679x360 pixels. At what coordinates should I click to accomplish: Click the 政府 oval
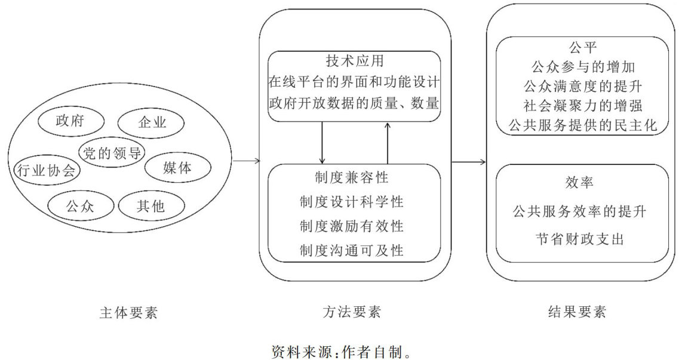click(69, 121)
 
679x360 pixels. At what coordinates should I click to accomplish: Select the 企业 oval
click(152, 124)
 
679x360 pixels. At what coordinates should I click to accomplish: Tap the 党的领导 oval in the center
click(110, 152)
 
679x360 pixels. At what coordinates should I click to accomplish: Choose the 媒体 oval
click(177, 168)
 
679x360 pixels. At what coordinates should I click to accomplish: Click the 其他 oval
click(150, 207)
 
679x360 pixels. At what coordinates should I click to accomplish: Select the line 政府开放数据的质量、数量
click(354, 103)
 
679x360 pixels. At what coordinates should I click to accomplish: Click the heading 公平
click(582, 47)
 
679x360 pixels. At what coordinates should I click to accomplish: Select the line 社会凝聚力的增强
click(582, 105)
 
